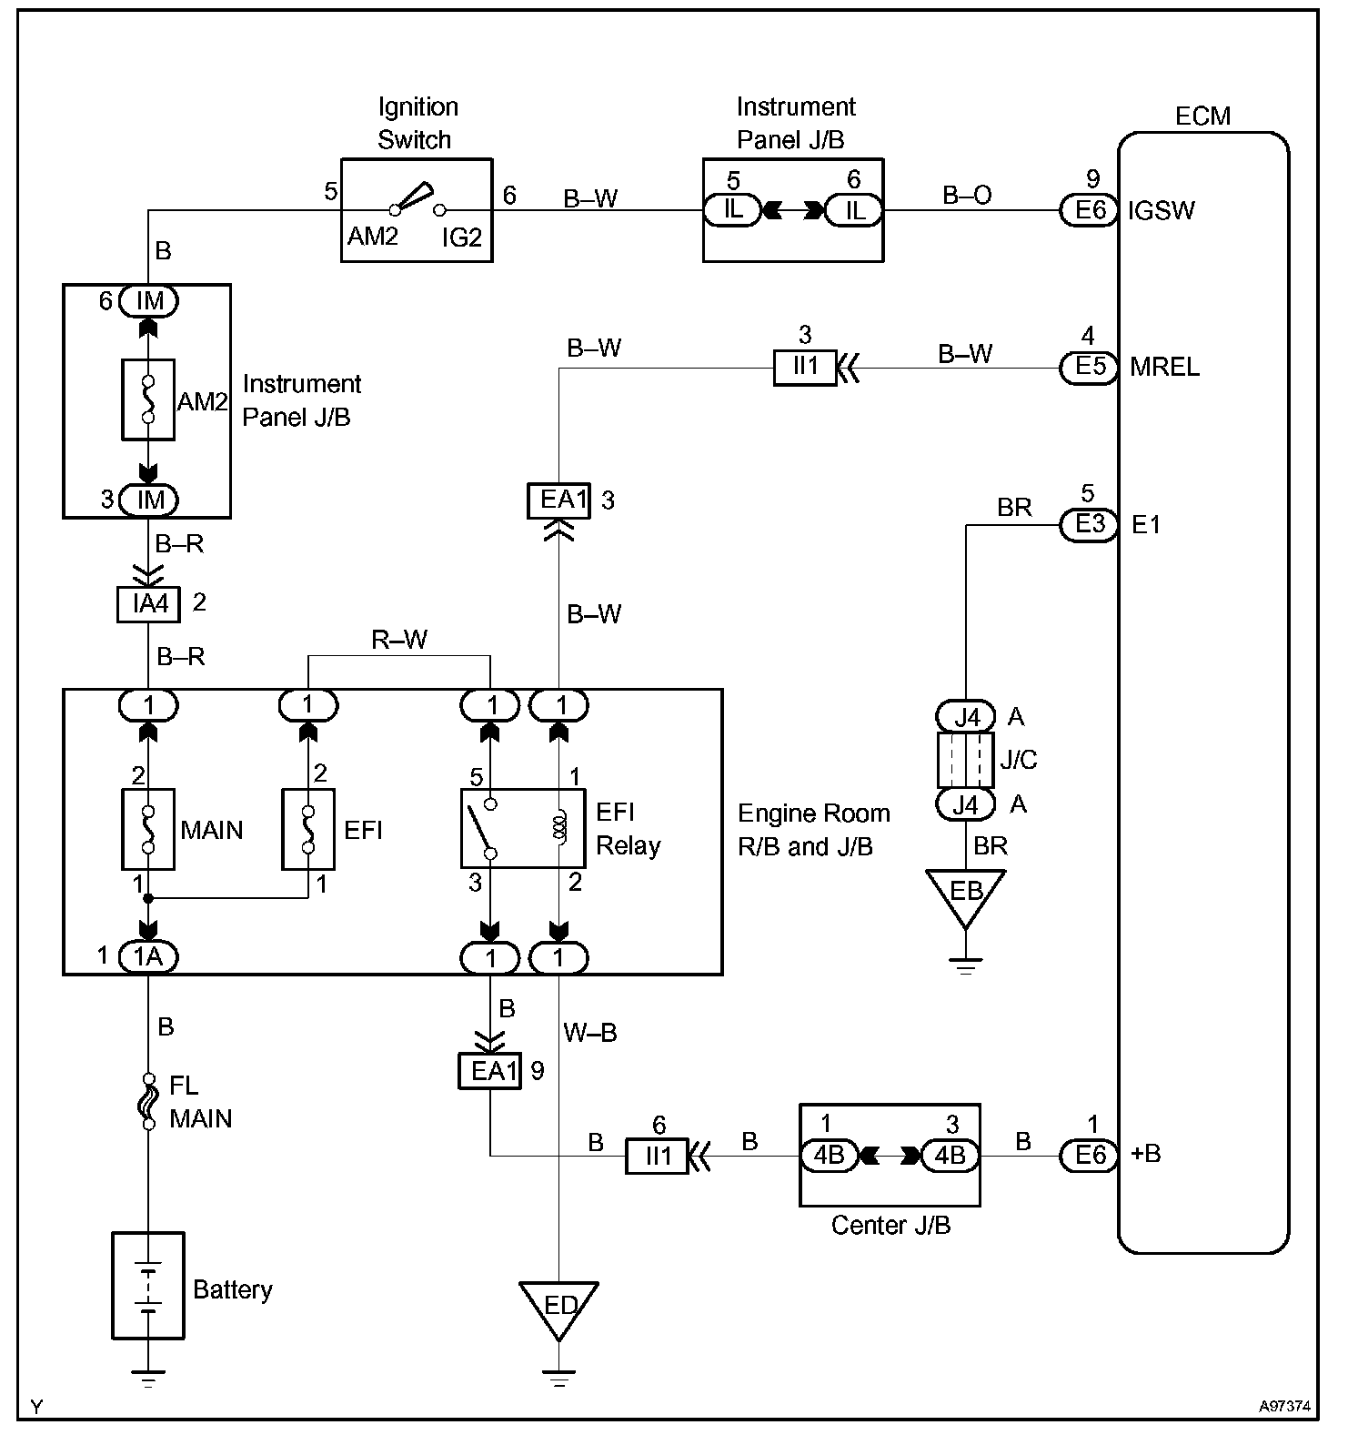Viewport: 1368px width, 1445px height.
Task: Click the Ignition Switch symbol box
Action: click(417, 210)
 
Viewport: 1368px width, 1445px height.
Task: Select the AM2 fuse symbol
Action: click(147, 400)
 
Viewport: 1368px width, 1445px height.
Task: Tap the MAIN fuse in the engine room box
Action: click(147, 829)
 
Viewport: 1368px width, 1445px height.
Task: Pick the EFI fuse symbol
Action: click(308, 829)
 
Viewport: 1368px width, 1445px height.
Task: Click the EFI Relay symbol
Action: click(523, 829)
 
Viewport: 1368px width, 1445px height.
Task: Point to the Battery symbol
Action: click(148, 1285)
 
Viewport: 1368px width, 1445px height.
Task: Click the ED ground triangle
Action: click(558, 1308)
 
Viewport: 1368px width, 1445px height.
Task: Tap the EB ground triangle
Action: click(965, 894)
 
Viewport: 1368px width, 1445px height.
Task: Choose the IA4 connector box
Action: click(149, 603)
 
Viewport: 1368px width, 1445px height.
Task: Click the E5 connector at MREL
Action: click(1089, 368)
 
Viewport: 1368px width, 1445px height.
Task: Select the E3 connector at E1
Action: click(1089, 525)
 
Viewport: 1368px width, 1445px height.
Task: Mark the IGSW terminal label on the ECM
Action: click(1162, 211)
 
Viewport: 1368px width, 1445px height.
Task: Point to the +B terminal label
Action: click(1145, 1155)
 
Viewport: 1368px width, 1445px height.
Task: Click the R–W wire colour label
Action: click(399, 641)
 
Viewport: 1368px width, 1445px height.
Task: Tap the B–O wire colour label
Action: click(967, 196)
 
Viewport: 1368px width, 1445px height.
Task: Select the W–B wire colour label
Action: click(590, 1033)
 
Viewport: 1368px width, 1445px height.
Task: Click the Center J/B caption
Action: click(890, 1226)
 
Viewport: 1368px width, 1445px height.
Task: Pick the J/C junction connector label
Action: click(1019, 760)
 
